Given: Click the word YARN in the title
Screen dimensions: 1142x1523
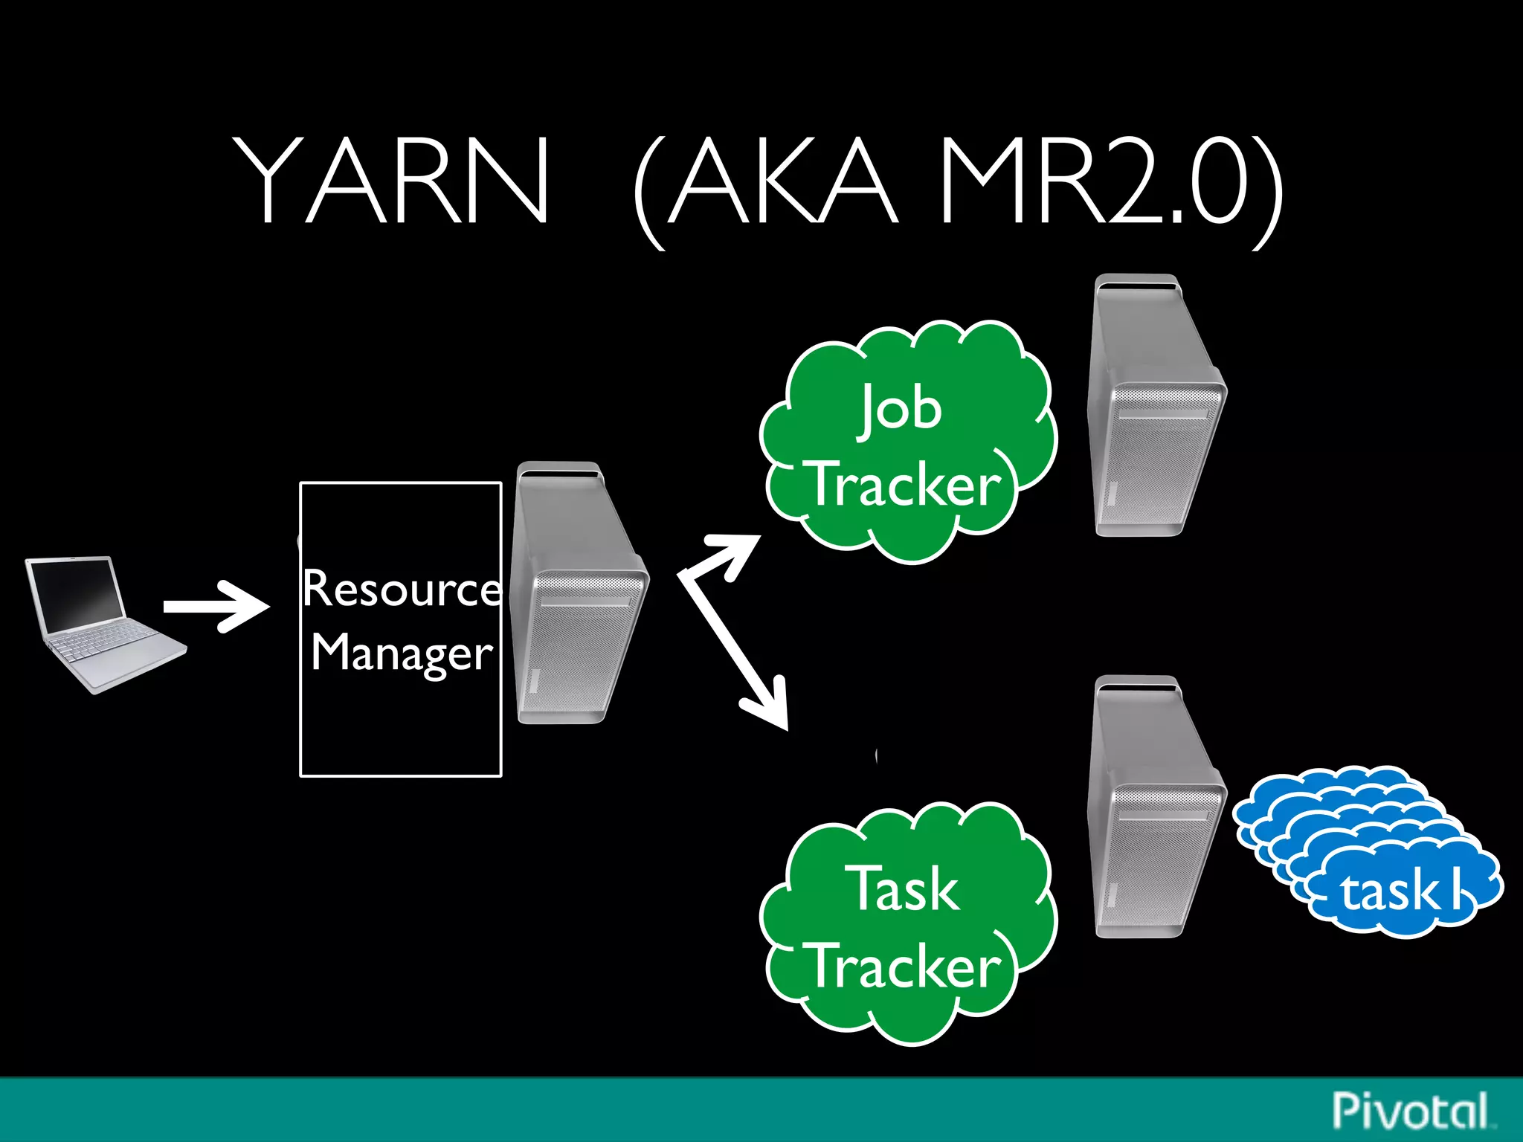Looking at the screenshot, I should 392,180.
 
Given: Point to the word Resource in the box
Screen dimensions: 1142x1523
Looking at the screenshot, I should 402,589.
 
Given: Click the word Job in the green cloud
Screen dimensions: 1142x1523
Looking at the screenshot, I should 901,409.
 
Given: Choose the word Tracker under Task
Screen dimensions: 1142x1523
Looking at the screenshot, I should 906,967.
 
